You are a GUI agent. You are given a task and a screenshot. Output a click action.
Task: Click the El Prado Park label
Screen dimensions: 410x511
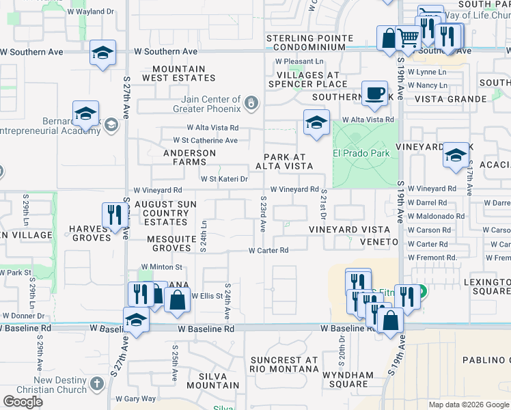(362, 154)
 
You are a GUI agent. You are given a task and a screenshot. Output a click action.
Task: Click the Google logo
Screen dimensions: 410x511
(23, 402)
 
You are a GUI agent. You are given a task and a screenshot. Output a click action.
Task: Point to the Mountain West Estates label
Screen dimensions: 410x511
(179, 74)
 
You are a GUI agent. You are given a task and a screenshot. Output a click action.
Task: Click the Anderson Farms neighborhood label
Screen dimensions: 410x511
(184, 158)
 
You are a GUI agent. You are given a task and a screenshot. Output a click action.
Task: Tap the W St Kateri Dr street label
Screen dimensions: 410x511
(223, 179)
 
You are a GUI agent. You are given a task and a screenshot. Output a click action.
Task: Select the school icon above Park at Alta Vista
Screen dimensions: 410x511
(316, 124)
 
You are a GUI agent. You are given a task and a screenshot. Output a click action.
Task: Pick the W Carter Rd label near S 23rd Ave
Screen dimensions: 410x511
(268, 251)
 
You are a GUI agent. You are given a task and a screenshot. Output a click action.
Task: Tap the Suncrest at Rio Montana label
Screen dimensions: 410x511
(284, 365)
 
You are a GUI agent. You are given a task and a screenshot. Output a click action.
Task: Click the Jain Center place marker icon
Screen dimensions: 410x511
(251, 103)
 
